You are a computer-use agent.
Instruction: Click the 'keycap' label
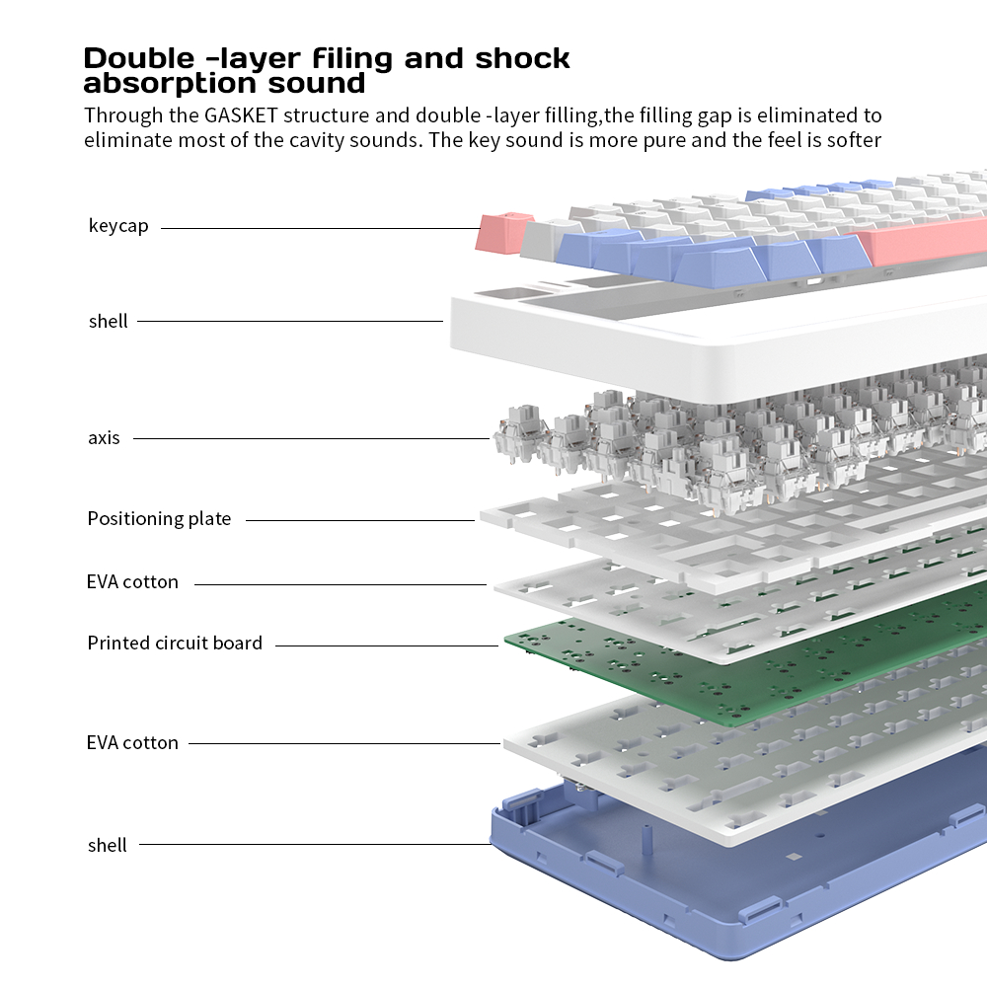(x=118, y=226)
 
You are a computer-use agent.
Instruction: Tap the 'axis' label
(x=104, y=437)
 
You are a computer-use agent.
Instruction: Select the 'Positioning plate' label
(x=159, y=518)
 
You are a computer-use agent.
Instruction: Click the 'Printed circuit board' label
(x=175, y=643)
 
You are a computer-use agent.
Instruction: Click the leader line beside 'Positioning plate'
(x=360, y=520)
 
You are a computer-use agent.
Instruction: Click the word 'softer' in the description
(x=854, y=139)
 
